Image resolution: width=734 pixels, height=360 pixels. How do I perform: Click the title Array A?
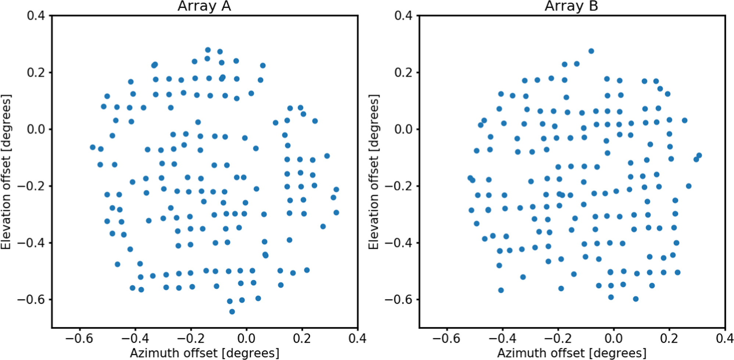coord(204,6)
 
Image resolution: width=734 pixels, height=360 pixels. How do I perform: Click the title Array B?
coord(571,6)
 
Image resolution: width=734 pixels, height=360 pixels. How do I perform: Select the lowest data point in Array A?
coord(232,312)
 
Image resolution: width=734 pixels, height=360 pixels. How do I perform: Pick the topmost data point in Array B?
coord(591,51)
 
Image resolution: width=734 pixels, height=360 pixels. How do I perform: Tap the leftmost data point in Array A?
coord(93,147)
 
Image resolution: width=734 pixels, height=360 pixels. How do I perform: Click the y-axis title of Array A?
coord(6,172)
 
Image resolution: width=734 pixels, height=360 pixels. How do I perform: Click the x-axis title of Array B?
coord(572,353)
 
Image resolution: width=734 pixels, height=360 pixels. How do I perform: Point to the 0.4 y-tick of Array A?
coord(36,16)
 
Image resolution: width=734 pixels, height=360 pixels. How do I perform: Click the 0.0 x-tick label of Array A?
coord(246,338)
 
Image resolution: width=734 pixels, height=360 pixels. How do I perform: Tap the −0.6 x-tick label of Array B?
coord(447,338)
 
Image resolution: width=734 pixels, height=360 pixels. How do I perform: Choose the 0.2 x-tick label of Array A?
coord(302,338)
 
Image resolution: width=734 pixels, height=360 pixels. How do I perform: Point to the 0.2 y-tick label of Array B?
coord(403,72)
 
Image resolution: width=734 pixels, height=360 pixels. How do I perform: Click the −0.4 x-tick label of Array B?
coord(502,338)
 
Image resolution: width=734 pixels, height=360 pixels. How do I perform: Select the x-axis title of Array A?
coord(204,353)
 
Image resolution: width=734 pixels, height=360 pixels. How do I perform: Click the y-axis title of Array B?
coord(373,172)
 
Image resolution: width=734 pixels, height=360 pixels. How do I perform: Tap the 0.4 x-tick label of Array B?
coord(724,338)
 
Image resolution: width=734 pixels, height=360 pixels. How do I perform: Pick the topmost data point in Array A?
coord(208,50)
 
